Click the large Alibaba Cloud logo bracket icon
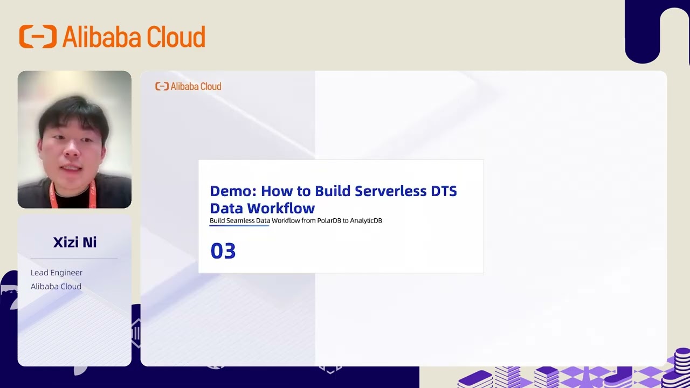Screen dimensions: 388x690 click(x=38, y=37)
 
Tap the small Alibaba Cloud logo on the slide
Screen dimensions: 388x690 click(x=188, y=86)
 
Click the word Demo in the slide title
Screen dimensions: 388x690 click(x=232, y=191)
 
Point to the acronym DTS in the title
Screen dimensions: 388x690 click(x=444, y=191)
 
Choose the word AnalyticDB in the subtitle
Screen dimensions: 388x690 click(x=366, y=220)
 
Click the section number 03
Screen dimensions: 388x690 click(x=223, y=251)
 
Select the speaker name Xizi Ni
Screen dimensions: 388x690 click(x=74, y=242)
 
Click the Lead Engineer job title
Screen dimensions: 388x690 click(x=57, y=273)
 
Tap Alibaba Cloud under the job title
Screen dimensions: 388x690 click(x=56, y=287)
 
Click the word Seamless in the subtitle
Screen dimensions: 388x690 click(x=240, y=220)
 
